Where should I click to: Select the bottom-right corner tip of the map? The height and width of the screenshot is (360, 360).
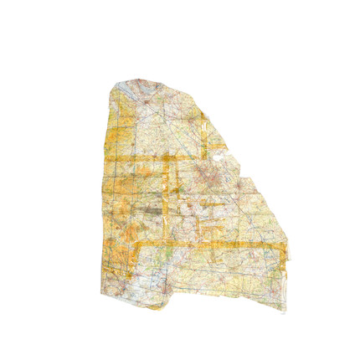point(285,311)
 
